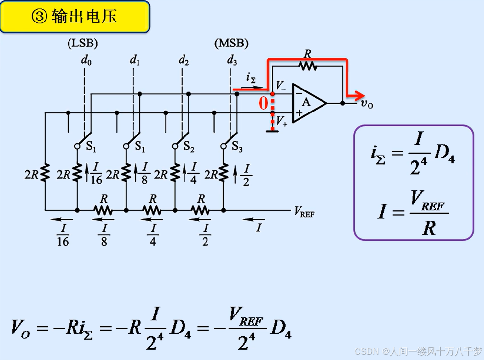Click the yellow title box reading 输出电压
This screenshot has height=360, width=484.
74,17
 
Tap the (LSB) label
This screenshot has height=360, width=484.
83,44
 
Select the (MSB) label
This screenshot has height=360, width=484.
231,44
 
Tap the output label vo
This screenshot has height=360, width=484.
367,103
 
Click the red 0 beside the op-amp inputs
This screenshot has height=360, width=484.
263,103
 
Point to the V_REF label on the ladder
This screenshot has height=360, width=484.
304,211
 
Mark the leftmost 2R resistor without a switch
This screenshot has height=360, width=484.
45,173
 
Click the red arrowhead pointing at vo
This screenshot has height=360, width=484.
360,95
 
